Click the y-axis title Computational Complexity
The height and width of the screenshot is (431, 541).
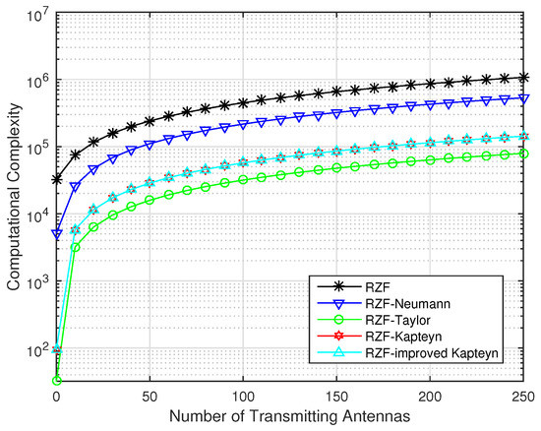13,197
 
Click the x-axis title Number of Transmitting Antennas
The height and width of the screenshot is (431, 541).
293,418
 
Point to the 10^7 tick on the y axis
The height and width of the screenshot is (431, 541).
34,15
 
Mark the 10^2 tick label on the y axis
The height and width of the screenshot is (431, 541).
34,350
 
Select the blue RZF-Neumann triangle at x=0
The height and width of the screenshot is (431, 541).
57,234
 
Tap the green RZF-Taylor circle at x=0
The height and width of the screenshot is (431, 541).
57,380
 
